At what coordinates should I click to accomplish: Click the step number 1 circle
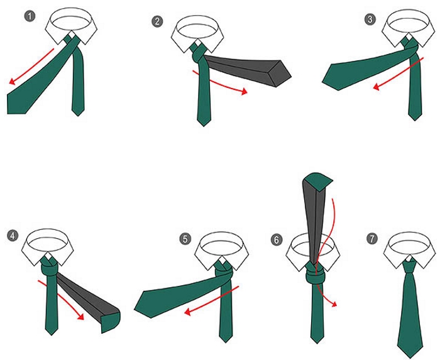click(x=30, y=16)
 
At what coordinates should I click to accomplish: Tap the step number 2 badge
click(x=157, y=21)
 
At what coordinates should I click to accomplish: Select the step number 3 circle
click(x=370, y=19)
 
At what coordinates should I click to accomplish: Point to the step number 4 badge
click(x=13, y=236)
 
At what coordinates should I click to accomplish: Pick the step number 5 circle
click(x=185, y=239)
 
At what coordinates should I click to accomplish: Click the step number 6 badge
click(x=277, y=240)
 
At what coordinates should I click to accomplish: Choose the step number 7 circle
click(x=372, y=239)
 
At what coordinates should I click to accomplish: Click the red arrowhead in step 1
click(x=12, y=81)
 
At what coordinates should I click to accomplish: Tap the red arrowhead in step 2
click(x=244, y=91)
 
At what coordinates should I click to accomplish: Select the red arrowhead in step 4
click(x=80, y=316)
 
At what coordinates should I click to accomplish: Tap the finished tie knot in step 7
click(x=410, y=266)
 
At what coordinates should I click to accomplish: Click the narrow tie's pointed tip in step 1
click(x=78, y=115)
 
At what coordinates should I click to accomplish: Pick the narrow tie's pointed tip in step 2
click(x=204, y=125)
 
